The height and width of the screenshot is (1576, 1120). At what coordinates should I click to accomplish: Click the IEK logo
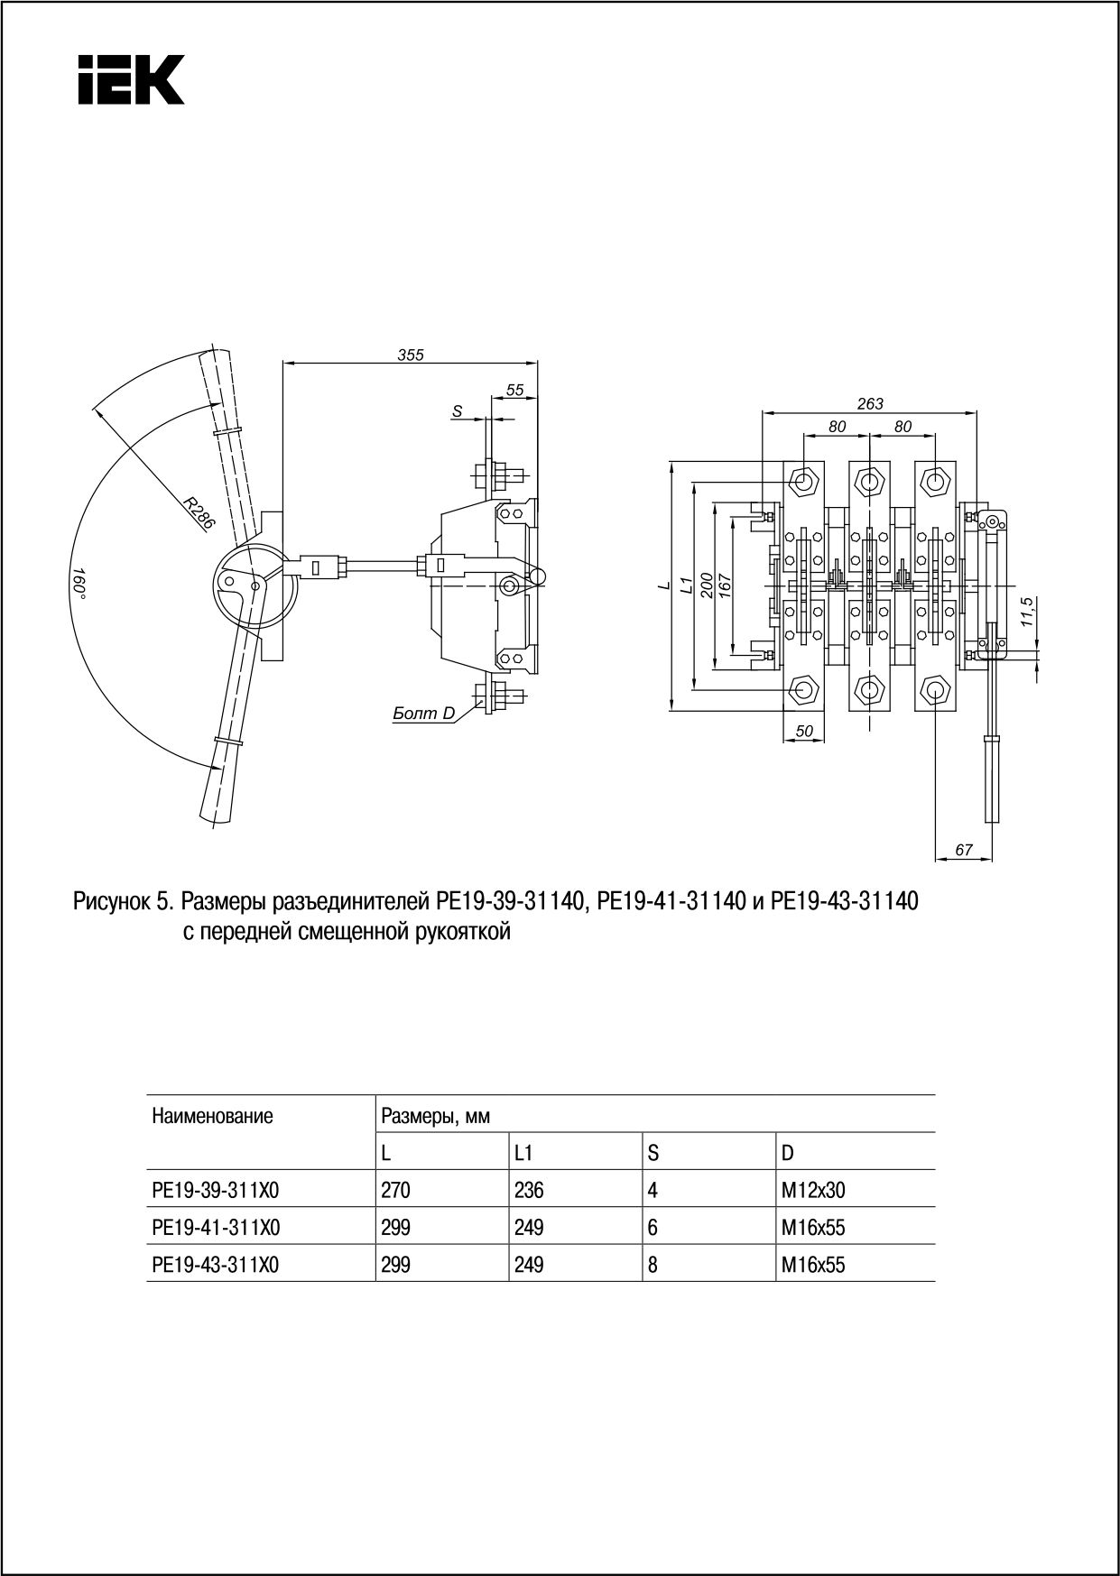[130, 79]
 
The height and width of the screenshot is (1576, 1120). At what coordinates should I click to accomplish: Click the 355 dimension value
[411, 355]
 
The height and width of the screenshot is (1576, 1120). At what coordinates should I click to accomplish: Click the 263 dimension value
[870, 403]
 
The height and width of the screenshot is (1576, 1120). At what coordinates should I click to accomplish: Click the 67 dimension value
[964, 849]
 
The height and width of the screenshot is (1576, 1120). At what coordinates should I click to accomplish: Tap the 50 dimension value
[803, 732]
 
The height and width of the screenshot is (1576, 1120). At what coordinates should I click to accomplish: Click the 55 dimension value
[514, 390]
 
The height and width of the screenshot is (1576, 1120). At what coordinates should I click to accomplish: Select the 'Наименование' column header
[212, 1117]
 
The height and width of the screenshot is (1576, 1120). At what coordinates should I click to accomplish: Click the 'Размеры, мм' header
[435, 1117]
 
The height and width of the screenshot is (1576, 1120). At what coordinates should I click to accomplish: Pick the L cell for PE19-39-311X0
[395, 1190]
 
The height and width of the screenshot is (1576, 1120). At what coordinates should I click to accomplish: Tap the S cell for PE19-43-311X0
[653, 1265]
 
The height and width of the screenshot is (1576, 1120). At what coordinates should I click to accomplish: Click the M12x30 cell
[813, 1190]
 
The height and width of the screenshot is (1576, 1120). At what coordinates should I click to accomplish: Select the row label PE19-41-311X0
[216, 1228]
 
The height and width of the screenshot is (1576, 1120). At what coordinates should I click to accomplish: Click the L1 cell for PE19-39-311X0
[529, 1190]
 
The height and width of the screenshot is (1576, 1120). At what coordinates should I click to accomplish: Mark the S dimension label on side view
[458, 411]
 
